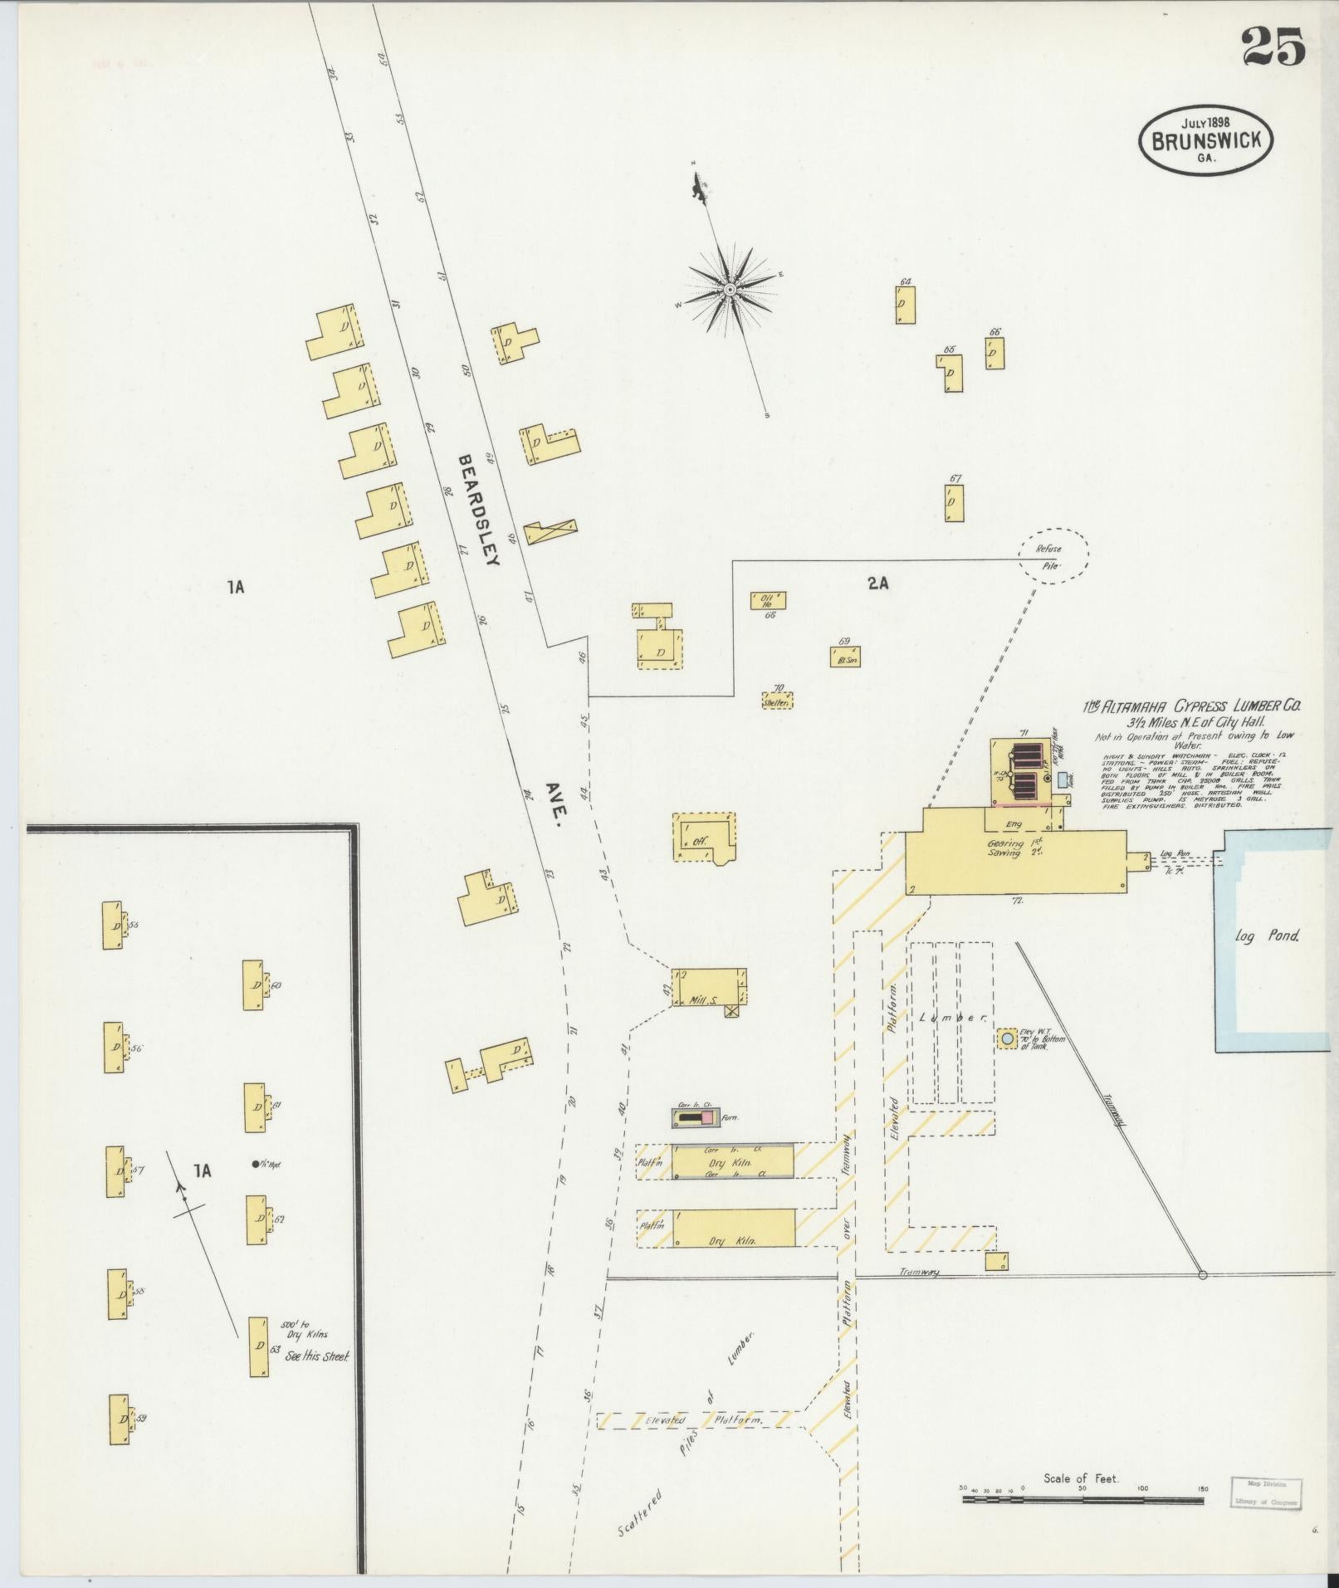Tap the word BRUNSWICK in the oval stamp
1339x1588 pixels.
pyautogui.click(x=1206, y=139)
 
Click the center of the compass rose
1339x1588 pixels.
pyautogui.click(x=730, y=290)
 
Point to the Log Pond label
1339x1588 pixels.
pyautogui.click(x=1266, y=936)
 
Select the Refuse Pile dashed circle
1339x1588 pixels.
pyautogui.click(x=1053, y=556)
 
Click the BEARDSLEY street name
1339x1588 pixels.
pyautogui.click(x=478, y=509)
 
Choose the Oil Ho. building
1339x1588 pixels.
pyautogui.click(x=768, y=600)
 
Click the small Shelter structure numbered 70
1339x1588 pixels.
pyautogui.click(x=778, y=700)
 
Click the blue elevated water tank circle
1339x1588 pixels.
pyautogui.click(x=1006, y=1038)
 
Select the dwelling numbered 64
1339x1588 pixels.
pyautogui.click(x=906, y=305)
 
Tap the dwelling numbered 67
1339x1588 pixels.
pyautogui.click(x=954, y=502)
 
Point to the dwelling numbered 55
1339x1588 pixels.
pyautogui.click(x=113, y=925)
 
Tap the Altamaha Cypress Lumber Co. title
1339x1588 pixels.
pyautogui.click(x=1192, y=706)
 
